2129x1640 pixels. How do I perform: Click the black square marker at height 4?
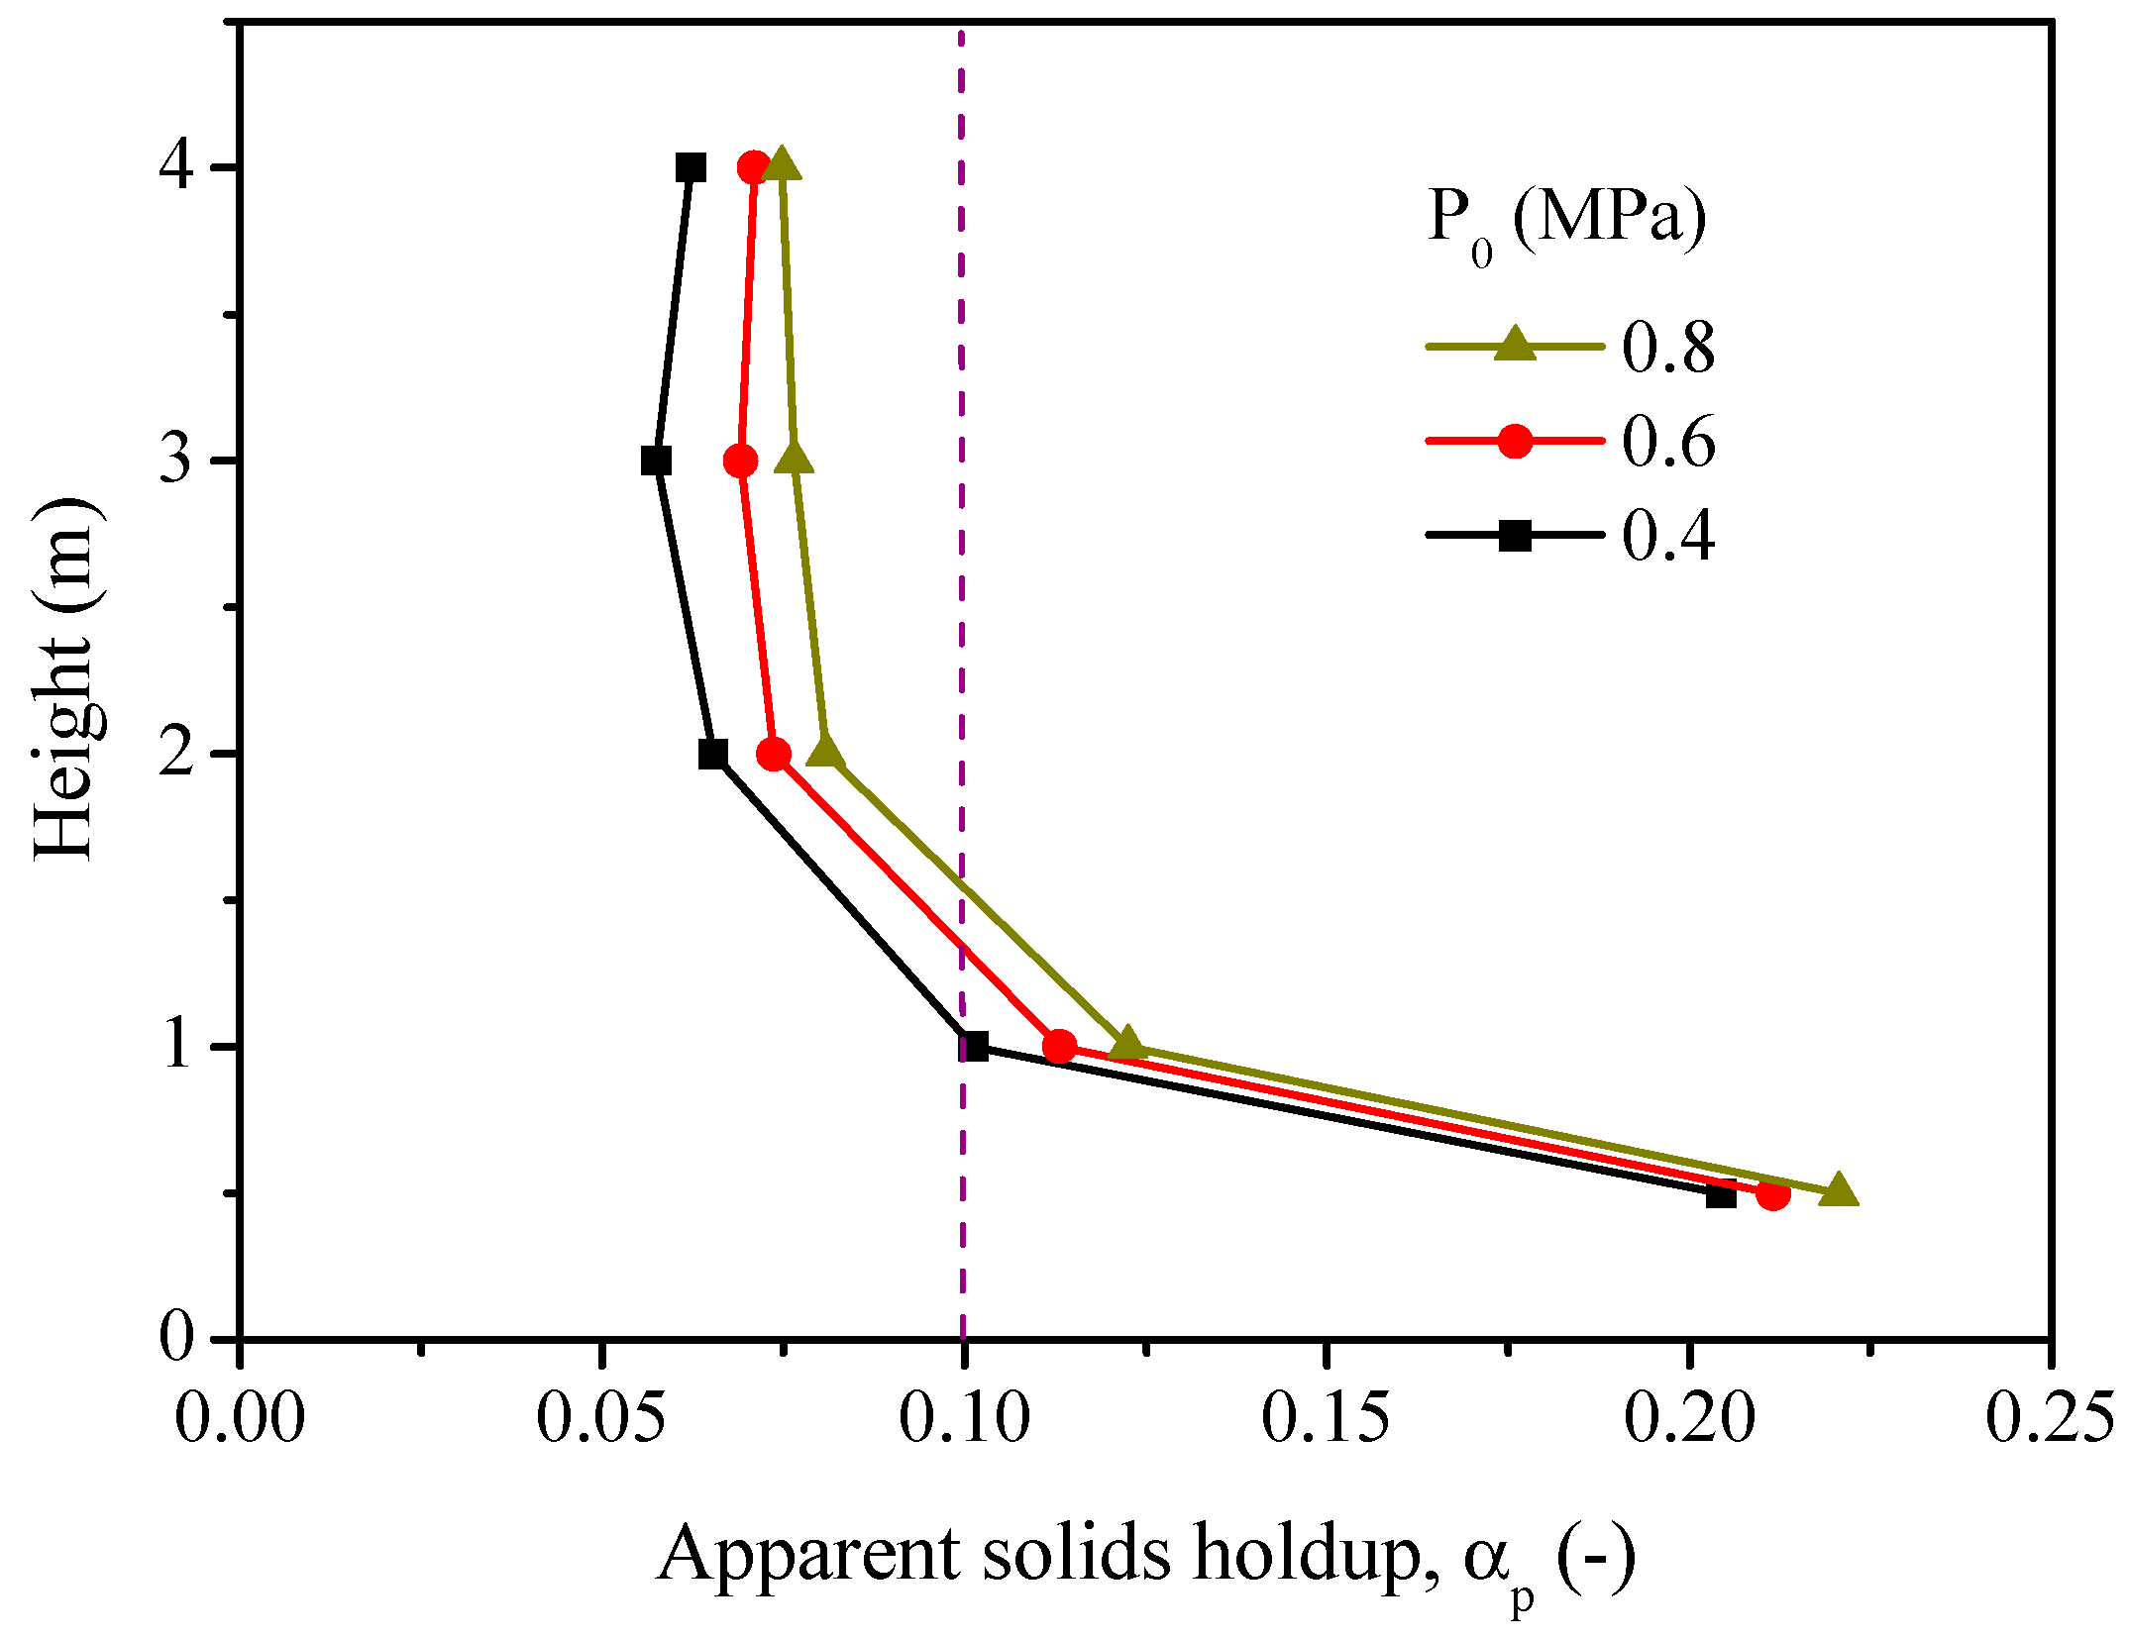691,167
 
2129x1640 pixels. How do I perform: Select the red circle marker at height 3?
740,461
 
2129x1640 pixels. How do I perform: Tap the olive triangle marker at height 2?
826,753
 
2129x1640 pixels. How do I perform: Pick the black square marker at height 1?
974,1046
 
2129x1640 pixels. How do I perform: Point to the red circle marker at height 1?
1059,1046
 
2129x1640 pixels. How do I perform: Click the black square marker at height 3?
656,461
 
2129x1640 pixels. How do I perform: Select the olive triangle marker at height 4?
782,165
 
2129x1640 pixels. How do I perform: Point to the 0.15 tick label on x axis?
1325,1418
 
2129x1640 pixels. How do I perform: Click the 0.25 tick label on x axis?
2049,1418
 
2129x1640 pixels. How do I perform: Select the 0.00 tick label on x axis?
240,1418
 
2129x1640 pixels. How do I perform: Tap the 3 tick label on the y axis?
175,461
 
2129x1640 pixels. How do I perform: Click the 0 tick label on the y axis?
175,1337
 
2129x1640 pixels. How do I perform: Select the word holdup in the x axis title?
1314,1556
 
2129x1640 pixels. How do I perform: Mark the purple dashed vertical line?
962,594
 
